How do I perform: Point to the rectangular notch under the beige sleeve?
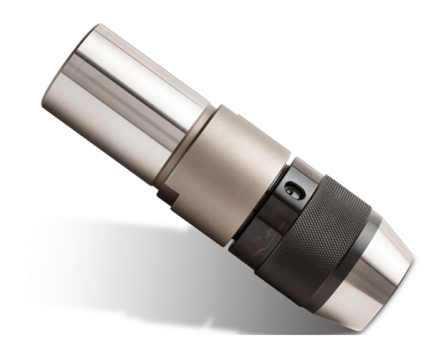click(165, 196)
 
